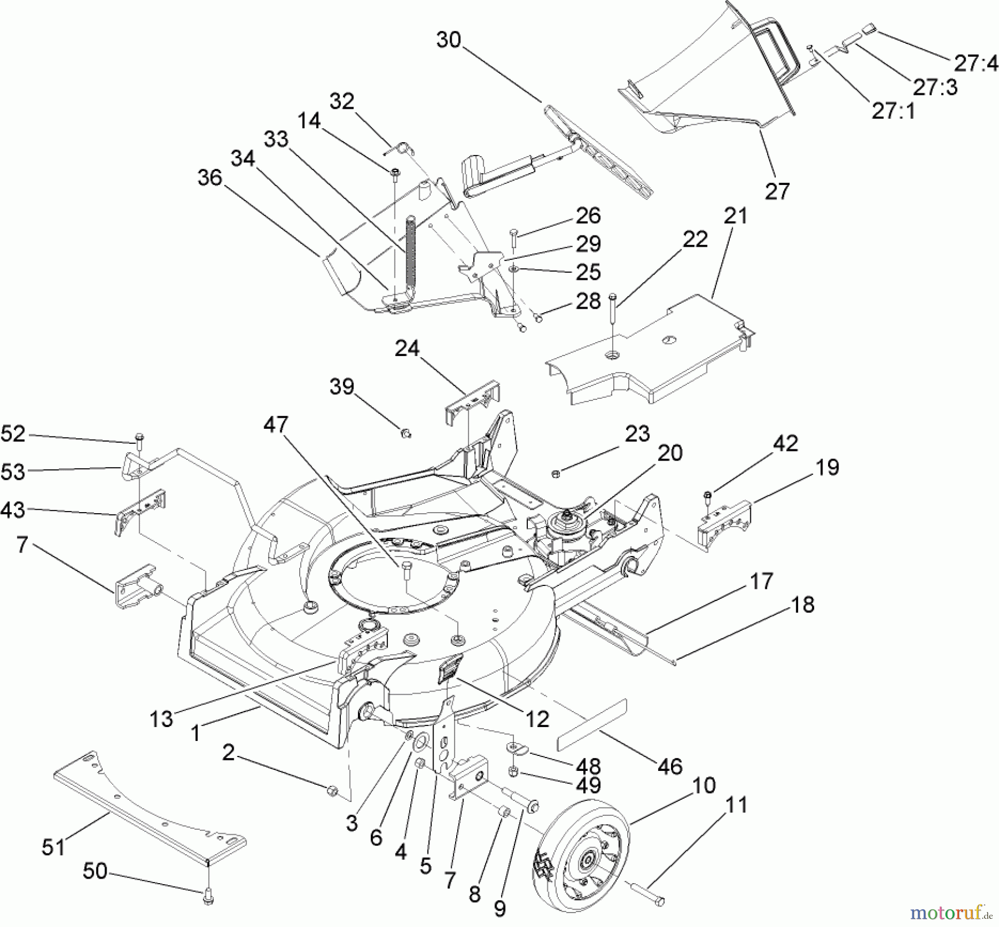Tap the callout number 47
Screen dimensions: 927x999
tap(276, 425)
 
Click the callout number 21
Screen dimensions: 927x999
tap(736, 216)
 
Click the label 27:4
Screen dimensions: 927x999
tap(976, 63)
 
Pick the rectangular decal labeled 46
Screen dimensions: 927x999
tap(591, 724)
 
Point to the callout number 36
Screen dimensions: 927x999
tap(209, 178)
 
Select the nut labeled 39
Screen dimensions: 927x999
tap(405, 433)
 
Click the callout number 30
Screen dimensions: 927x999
tap(448, 40)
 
